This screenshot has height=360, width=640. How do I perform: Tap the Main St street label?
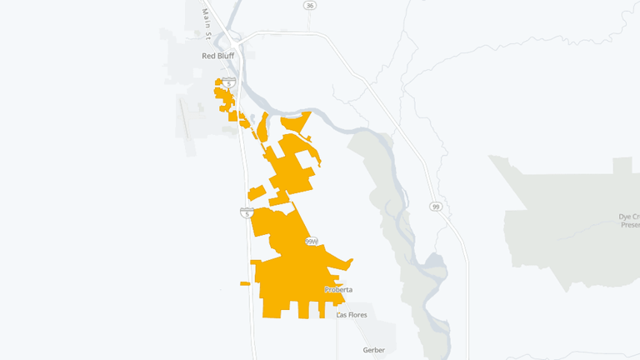click(x=206, y=22)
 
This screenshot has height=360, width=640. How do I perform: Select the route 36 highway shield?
click(x=310, y=5)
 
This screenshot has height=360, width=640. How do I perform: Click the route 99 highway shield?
click(x=435, y=206)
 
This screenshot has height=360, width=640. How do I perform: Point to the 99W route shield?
click(x=312, y=241)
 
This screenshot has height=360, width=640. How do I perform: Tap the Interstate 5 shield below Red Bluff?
click(x=228, y=82)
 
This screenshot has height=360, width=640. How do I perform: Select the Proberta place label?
click(x=338, y=289)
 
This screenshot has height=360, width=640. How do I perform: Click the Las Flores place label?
click(x=352, y=315)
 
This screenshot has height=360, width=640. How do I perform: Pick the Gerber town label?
click(x=374, y=350)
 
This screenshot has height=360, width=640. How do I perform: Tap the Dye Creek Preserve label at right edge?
click(x=628, y=221)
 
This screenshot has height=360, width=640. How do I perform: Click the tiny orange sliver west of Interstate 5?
click(x=245, y=284)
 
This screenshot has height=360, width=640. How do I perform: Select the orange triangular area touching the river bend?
click(x=296, y=122)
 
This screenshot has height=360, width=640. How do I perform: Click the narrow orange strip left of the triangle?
click(x=262, y=127)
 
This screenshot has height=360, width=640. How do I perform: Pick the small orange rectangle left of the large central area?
click(x=257, y=192)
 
